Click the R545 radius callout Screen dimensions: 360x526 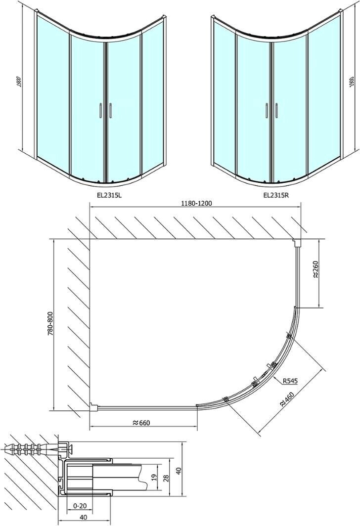click(290, 381)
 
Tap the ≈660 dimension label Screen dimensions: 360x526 click(141, 423)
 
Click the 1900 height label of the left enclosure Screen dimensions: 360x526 click(19, 82)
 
